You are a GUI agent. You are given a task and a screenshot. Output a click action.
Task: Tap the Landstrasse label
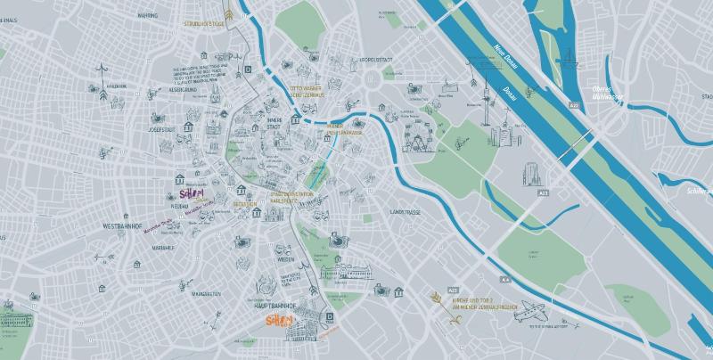click(x=406, y=212)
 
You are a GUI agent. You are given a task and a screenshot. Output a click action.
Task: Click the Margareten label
click(x=205, y=293)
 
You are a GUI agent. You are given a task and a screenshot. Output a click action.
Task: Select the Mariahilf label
click(x=163, y=248)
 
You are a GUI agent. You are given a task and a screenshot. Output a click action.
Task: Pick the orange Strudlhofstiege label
click(x=204, y=23)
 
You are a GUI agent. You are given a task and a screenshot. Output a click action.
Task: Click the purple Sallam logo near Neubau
click(x=192, y=193)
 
